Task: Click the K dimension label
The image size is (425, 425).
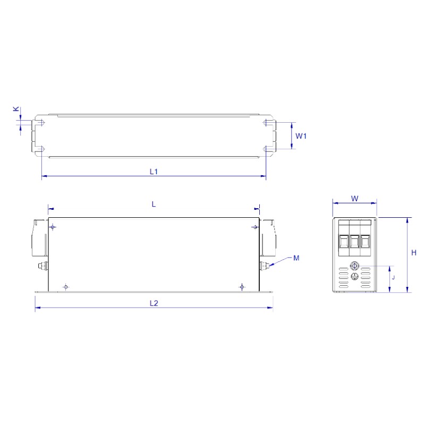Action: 16,109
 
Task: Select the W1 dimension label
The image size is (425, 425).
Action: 301,136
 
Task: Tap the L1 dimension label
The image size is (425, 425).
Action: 154,171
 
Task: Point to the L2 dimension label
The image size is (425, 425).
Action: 154,303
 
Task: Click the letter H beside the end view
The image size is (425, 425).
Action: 414,253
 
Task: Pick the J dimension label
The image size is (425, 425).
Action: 393,277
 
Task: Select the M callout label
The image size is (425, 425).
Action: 296,258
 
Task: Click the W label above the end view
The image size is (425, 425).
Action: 354,199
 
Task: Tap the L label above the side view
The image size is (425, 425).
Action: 154,204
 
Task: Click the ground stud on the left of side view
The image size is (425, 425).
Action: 43,266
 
